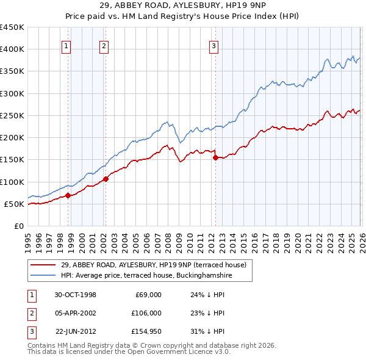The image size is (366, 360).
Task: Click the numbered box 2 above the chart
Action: [104, 45]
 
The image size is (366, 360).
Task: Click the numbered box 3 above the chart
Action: [214, 45]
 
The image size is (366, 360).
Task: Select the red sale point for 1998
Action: [68, 195]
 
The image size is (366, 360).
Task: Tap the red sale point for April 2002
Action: [106, 179]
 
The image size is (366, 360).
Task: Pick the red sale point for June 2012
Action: [215, 157]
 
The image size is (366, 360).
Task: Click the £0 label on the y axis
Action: [19, 226]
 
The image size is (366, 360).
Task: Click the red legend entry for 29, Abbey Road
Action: [152, 265]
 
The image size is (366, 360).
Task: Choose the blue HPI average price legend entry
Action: [146, 276]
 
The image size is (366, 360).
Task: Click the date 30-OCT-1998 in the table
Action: [75, 295]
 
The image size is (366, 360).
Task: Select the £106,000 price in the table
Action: [146, 312]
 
